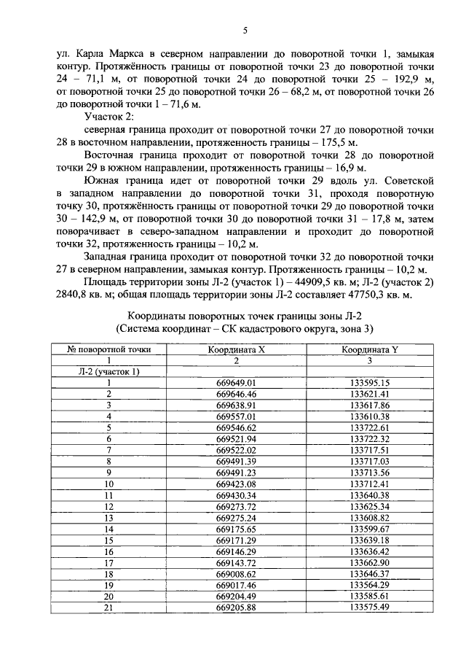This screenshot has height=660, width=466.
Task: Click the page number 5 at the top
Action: click(x=245, y=30)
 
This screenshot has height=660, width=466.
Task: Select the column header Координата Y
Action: click(x=370, y=349)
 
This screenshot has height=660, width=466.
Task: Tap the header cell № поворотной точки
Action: click(x=108, y=349)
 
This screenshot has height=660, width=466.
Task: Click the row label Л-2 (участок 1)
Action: click(x=108, y=371)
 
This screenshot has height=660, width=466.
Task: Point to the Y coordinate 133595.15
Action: click(x=370, y=383)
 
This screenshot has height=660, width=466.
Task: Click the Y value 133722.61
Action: click(x=370, y=427)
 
